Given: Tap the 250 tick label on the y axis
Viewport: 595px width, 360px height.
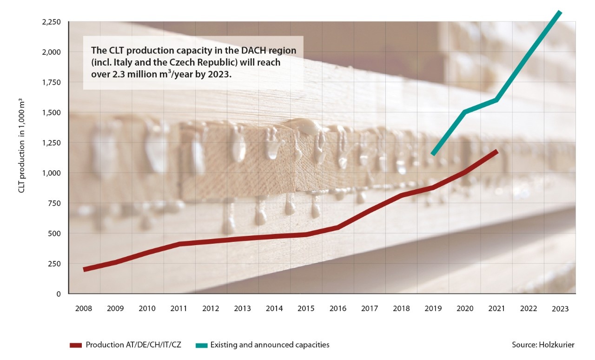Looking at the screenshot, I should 54,264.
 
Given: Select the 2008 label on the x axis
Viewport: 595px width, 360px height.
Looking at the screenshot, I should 84,308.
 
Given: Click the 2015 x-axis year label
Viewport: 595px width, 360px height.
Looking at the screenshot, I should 306,308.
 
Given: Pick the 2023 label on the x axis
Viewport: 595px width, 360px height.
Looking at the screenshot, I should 560,308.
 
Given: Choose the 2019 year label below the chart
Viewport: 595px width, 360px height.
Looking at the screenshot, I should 433,308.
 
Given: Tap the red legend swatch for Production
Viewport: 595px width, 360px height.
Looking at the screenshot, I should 75,345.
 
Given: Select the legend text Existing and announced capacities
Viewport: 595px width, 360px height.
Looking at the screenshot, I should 270,345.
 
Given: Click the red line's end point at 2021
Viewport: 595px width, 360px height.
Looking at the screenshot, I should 496,151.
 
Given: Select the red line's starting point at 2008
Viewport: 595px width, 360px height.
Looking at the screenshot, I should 84,270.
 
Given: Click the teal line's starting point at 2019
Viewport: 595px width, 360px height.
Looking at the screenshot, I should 433,154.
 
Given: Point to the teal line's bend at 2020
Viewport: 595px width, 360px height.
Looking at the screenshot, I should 465,112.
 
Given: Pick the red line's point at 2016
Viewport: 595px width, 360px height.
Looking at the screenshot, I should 337,227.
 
